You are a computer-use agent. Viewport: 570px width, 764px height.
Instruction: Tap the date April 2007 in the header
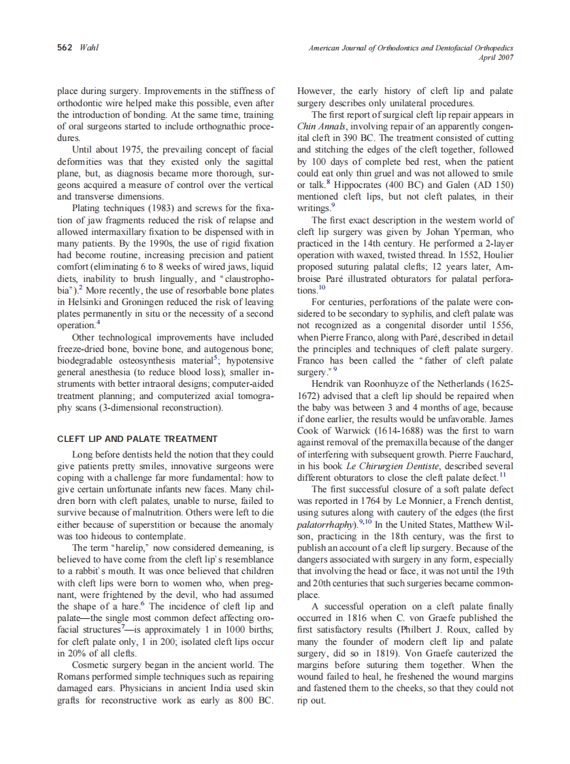496,57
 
